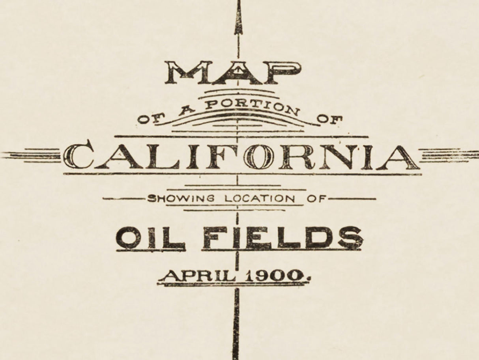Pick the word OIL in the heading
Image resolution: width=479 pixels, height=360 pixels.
click(x=150, y=238)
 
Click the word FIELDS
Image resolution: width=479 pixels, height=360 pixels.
click(x=283, y=238)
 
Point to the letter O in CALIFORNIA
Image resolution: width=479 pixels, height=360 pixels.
click(x=258, y=157)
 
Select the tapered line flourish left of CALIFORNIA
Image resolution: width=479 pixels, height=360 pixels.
click(x=32, y=155)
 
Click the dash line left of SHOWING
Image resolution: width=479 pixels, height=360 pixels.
click(x=123, y=199)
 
